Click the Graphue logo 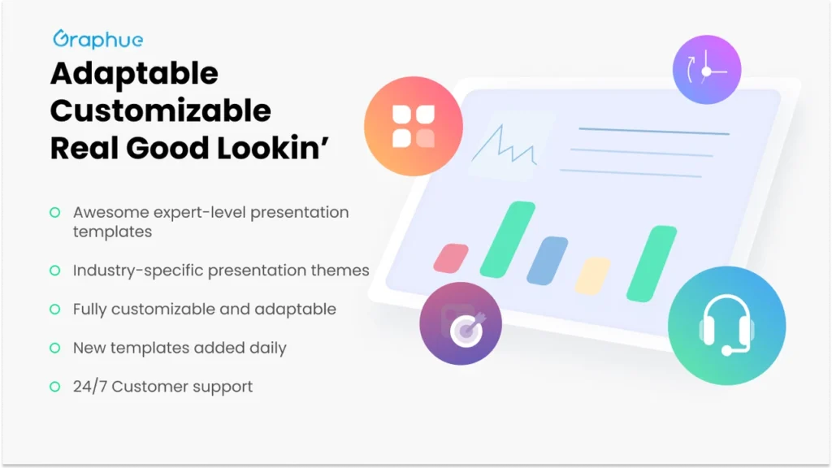(x=98, y=39)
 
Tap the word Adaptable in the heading (x=134, y=73)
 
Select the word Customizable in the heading (x=161, y=110)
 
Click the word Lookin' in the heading (x=273, y=148)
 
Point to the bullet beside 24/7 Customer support (x=54, y=386)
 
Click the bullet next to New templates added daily (x=54, y=348)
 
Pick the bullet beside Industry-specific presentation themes (x=54, y=270)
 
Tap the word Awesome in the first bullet (x=110, y=212)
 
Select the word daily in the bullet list (x=268, y=348)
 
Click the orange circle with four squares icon (x=414, y=126)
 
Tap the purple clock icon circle (x=707, y=70)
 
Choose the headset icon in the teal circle (x=726, y=324)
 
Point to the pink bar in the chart (x=451, y=258)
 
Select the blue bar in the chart (x=547, y=261)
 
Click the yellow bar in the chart (x=592, y=276)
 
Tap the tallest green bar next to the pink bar (x=507, y=240)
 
